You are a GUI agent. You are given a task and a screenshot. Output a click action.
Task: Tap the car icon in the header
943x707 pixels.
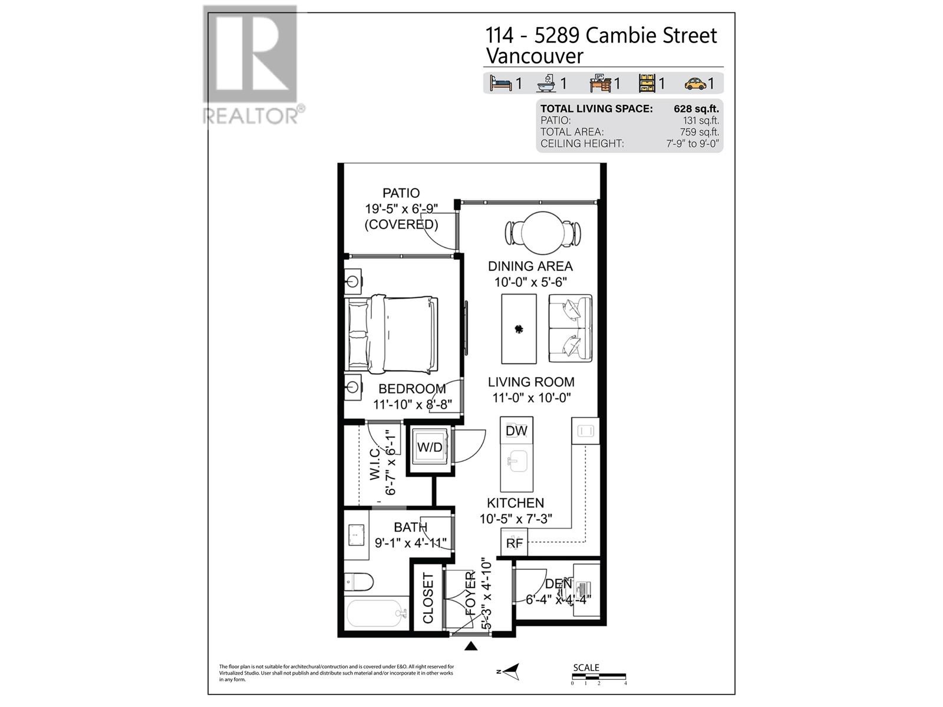[695, 84]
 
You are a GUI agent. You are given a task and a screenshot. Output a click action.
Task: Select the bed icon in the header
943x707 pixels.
[500, 84]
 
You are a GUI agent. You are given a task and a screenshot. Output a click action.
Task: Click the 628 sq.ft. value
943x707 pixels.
[696, 109]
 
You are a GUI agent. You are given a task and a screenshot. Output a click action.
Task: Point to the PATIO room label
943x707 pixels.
[401, 193]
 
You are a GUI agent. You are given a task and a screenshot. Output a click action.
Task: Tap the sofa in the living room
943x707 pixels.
[570, 328]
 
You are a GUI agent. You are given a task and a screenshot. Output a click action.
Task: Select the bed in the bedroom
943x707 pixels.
[393, 334]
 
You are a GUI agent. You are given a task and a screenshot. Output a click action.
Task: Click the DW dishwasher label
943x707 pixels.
[516, 431]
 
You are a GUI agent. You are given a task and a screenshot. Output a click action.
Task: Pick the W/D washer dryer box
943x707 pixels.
[430, 447]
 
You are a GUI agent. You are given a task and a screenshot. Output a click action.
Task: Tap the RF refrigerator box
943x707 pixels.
[514, 543]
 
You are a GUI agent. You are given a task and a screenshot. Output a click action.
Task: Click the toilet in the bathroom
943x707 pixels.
[359, 582]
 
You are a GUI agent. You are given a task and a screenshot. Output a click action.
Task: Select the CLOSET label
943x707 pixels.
[428, 598]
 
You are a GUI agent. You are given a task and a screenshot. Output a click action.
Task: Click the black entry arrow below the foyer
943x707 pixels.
[470, 646]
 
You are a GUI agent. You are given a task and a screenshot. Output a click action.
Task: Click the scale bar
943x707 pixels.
[599, 676]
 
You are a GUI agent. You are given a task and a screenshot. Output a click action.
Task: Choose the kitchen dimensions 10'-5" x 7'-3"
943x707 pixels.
[515, 519]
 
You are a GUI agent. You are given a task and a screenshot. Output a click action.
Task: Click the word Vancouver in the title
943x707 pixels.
[534, 57]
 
